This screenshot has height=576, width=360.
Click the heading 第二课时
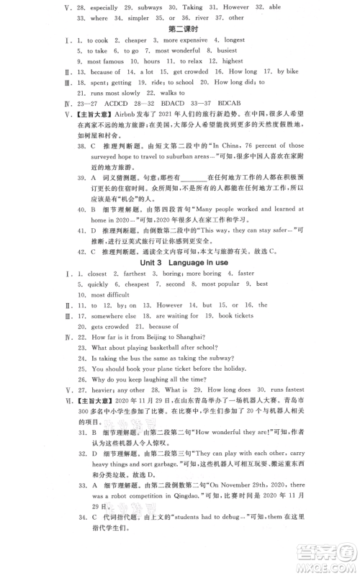pyautogui.click(x=184, y=30)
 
